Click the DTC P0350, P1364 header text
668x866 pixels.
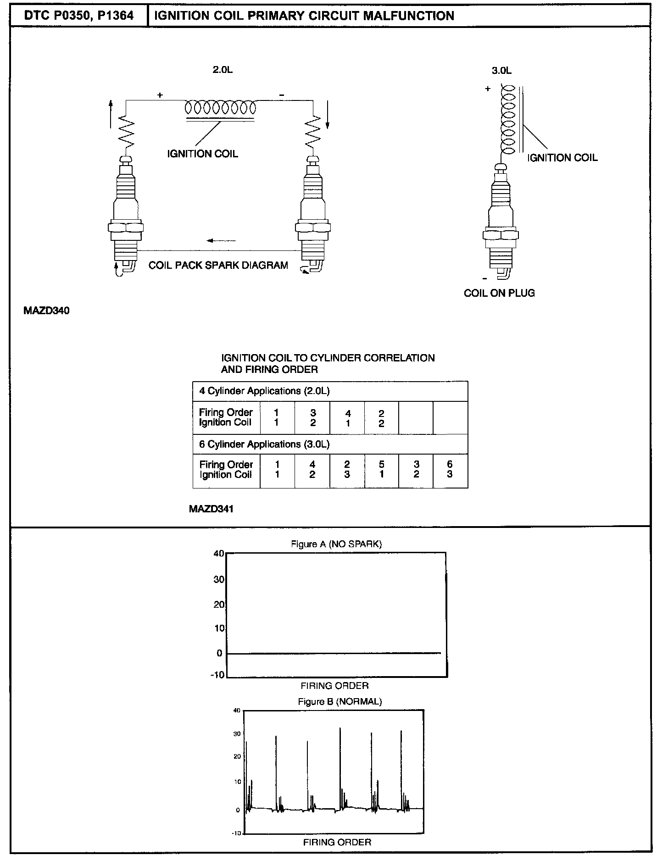tap(78, 16)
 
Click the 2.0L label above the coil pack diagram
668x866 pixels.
tap(223, 70)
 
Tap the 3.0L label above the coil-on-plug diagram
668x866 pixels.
tap(501, 71)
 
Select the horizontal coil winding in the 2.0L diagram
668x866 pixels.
tap(220, 108)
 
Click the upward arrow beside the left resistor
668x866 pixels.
tap(111, 113)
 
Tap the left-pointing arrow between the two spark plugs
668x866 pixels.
tap(221, 240)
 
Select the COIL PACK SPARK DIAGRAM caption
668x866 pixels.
tap(218, 265)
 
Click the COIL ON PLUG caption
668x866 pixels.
tap(499, 293)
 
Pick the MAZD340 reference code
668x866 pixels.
tap(46, 311)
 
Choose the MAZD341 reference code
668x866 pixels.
tap(211, 509)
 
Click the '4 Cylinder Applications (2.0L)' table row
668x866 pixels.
tap(330, 391)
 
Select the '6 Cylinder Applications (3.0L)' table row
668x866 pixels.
tap(330, 444)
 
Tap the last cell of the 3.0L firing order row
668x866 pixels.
tap(450, 470)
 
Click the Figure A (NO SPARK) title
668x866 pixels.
tap(336, 544)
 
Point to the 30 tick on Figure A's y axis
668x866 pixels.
tap(219, 579)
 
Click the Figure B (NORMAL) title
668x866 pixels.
tap(340, 701)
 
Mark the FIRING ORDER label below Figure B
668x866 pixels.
tap(337, 842)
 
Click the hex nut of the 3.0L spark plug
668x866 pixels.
tap(501, 235)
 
